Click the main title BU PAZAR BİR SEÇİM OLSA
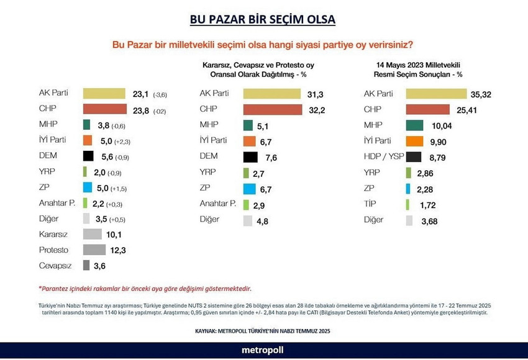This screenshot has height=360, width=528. point(263,19)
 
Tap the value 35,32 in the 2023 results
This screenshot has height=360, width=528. point(485,94)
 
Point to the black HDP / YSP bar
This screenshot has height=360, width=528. point(414,156)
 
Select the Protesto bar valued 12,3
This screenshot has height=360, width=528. point(94,250)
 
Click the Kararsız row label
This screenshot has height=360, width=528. point(53,235)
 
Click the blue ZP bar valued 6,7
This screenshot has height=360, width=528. point(250,188)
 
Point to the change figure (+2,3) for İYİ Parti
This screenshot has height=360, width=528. point(122,141)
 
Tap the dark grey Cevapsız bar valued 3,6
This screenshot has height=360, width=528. point(86,266)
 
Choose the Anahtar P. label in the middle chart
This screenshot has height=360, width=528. point(217,204)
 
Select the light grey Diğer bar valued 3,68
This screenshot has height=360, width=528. point(409,220)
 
